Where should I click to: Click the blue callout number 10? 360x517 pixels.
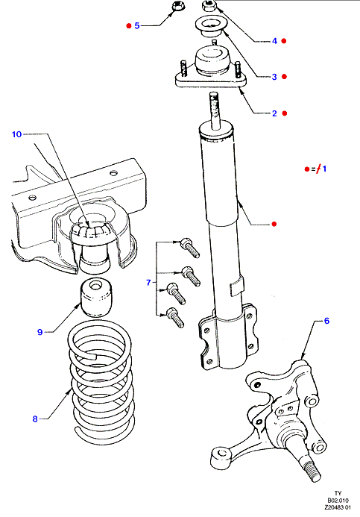coord(17,134)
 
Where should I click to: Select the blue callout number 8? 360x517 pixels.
coord(35,419)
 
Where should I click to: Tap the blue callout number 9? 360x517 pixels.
coord(40,332)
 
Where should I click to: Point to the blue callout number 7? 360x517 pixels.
coord(148,283)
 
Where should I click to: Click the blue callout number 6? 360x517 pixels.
coord(326,321)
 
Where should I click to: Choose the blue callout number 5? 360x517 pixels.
coord(137,25)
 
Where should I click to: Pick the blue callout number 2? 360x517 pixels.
coord(274,113)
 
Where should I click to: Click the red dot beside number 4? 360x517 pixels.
coord(284,41)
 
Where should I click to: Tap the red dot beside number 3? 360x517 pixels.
coord(284,77)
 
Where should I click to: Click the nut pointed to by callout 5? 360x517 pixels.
coord(179,6)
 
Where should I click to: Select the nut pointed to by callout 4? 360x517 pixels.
coord(208,6)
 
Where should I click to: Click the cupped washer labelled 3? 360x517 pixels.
coord(209,28)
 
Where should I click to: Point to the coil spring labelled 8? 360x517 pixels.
coord(101,383)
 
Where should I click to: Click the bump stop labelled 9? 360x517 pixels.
coord(96,298)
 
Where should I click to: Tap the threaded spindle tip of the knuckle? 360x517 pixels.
coord(312,471)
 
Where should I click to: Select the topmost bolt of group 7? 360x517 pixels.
coord(190,248)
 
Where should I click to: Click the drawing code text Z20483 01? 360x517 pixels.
coord(337,507)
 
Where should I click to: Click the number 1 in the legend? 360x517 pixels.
coord(324,169)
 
